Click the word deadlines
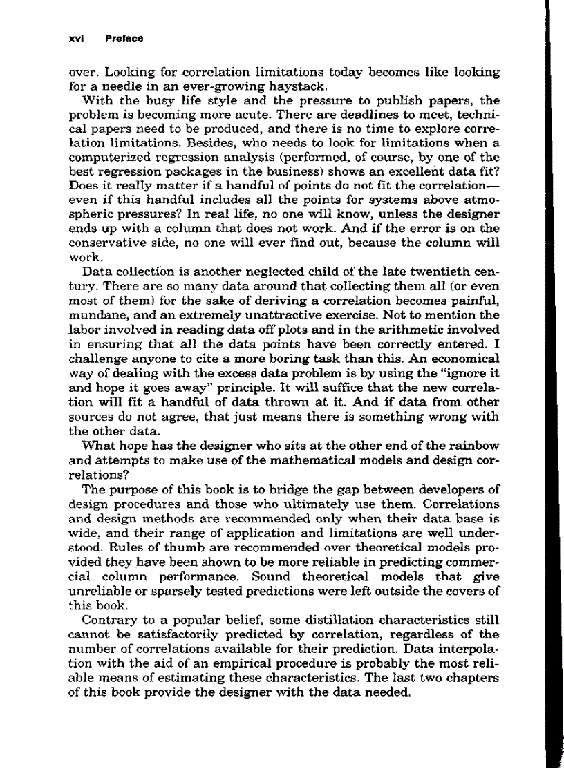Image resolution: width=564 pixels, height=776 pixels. pyautogui.click(x=359, y=118)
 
